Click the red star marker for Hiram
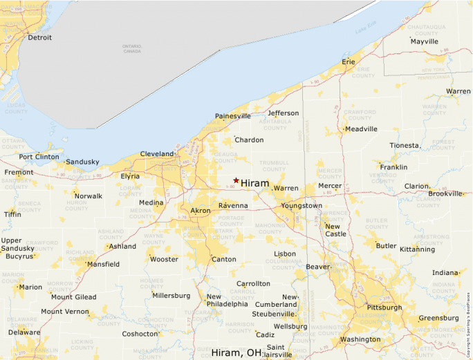click(x=236, y=180)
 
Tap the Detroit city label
click(x=39, y=38)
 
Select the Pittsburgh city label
click(x=384, y=307)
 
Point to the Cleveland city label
click(x=157, y=153)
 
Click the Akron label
click(x=200, y=210)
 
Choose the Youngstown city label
click(x=301, y=206)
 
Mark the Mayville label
click(x=424, y=41)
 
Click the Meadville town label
click(x=362, y=129)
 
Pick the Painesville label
click(x=233, y=116)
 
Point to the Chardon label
click(x=249, y=140)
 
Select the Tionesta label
click(x=404, y=146)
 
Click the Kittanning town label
click(x=417, y=249)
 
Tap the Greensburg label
click(x=438, y=318)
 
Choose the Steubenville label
click(x=273, y=314)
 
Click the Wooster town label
click(x=164, y=259)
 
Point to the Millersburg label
click(x=171, y=296)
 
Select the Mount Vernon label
click(x=64, y=312)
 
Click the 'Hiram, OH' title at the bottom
click(x=236, y=352)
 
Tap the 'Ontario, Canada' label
click(x=131, y=48)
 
